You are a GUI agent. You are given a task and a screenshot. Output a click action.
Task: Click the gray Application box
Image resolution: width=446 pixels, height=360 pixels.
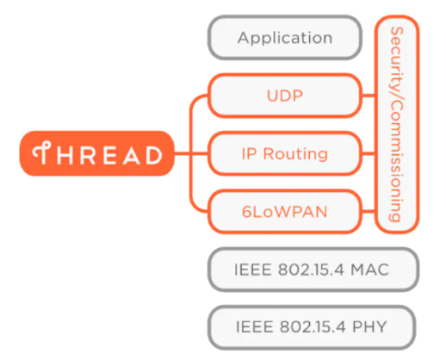(x=285, y=38)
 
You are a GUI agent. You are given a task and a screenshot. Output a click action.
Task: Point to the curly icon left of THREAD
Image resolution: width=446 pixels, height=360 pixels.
(x=40, y=154)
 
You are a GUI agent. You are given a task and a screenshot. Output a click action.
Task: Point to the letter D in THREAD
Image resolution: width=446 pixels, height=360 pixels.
(x=152, y=155)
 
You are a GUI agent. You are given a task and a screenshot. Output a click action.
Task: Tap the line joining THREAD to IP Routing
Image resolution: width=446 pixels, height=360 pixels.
(x=189, y=154)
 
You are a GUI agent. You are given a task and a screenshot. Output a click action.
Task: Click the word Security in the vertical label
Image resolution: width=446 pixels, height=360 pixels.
(x=396, y=56)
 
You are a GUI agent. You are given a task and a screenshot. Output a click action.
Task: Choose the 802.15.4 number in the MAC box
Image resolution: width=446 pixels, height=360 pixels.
(x=311, y=270)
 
